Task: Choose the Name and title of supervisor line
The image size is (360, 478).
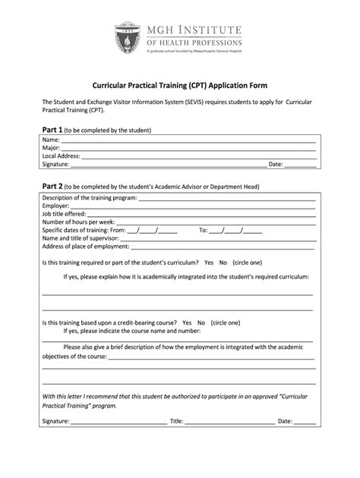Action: pyautogui.click(x=213, y=238)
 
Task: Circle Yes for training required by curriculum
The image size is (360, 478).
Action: pyautogui.click(x=209, y=262)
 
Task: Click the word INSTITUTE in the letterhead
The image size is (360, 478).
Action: pyautogui.click(x=210, y=30)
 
